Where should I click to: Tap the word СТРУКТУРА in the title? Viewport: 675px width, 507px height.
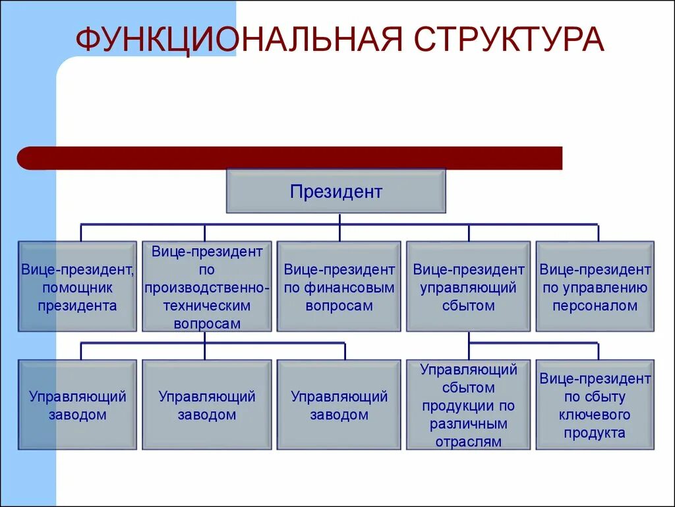[x=509, y=40]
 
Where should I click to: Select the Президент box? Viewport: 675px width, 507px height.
[x=336, y=191]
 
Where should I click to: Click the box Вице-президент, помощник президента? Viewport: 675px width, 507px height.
[x=77, y=287]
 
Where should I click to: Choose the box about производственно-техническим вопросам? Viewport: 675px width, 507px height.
[x=206, y=287]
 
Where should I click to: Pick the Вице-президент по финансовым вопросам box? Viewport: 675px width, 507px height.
[x=339, y=287]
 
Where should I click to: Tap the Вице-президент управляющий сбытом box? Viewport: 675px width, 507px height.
[x=468, y=287]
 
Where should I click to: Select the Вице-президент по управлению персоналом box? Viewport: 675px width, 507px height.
[x=595, y=287]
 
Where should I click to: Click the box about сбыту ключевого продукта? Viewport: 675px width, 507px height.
[x=595, y=405]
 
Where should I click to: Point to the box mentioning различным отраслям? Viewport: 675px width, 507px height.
[x=468, y=405]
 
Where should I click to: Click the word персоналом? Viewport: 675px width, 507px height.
[x=595, y=306]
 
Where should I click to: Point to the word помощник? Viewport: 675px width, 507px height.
[x=77, y=288]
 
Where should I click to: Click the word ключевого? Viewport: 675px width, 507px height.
[x=595, y=415]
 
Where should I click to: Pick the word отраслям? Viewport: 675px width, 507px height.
[x=468, y=442]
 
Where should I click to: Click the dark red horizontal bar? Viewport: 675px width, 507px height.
[x=290, y=158]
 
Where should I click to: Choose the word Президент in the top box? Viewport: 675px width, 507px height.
[x=336, y=192]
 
